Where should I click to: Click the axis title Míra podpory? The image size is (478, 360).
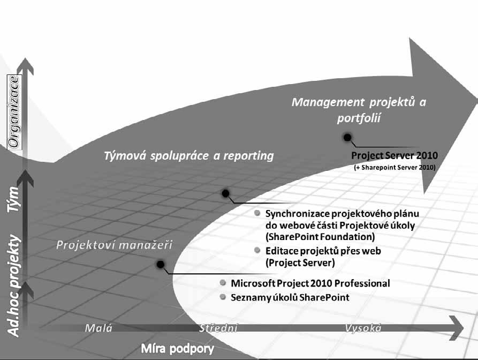pos(178,349)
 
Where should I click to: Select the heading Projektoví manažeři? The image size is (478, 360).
pos(114,245)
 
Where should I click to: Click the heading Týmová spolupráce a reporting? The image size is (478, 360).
pos(188,156)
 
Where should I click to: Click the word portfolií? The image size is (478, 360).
pos(359,118)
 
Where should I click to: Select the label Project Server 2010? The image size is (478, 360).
pos(394,155)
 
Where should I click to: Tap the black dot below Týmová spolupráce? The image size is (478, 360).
pos(225,193)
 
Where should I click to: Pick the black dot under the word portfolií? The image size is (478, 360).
pos(347,138)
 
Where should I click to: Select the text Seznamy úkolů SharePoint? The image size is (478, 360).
pos(290,297)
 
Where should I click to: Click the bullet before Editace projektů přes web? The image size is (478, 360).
pos(257,250)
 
